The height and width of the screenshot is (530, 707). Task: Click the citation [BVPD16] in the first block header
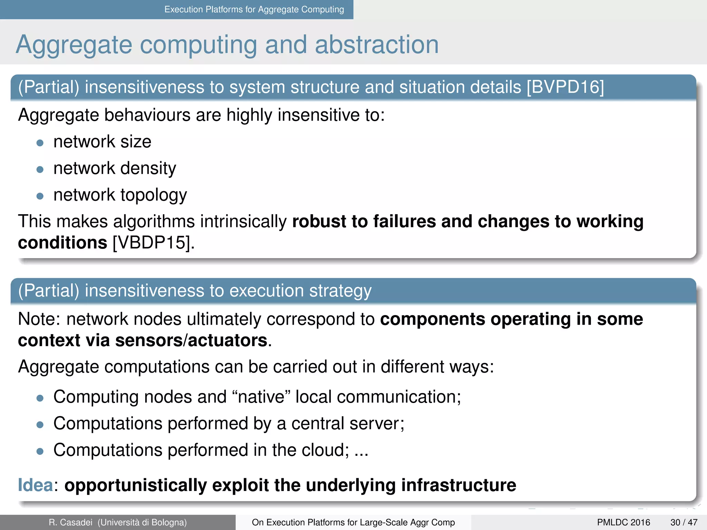coord(565,87)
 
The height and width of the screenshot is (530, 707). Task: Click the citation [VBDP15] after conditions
coord(154,243)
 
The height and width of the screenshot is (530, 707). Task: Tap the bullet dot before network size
coord(40,143)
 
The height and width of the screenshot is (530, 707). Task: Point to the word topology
coord(153,195)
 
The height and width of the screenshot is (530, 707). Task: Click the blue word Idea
coord(35,485)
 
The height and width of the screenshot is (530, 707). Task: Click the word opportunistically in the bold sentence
coord(135,485)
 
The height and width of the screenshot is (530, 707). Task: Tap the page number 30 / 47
coord(684,522)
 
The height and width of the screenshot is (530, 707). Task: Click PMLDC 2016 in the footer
coord(623,522)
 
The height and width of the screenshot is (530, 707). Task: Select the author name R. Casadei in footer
coord(70,522)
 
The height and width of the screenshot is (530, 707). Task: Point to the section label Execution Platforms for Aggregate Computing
coord(254,9)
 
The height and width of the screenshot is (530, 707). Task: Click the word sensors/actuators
coord(191,341)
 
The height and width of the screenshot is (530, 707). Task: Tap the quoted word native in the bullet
coord(264,397)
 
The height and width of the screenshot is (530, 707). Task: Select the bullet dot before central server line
coord(40,424)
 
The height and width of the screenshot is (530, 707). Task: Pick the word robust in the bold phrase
coord(319,221)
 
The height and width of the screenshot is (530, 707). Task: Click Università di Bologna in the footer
coord(142,522)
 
